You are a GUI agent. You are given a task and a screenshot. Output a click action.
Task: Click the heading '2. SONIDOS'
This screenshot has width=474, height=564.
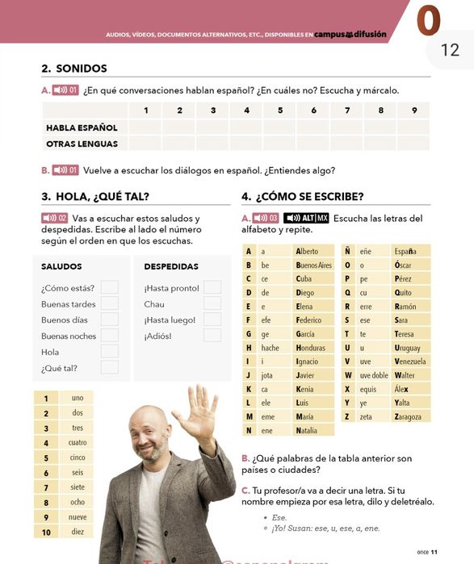[x=73, y=69]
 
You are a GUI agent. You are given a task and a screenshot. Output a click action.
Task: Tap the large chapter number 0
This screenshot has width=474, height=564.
[x=428, y=22]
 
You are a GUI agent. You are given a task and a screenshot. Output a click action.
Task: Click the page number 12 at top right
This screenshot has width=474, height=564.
[x=450, y=50]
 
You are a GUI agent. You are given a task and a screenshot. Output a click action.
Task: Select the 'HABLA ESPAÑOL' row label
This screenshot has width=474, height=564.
[x=82, y=127]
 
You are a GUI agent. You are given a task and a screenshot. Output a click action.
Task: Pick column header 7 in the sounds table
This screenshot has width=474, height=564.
[x=346, y=111]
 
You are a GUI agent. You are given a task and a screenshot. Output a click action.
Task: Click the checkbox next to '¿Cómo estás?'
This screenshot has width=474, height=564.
[x=110, y=287]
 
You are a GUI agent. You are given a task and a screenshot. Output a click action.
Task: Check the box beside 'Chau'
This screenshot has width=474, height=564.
[x=212, y=303]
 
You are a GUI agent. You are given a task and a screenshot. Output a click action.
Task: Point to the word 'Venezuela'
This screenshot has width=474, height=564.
[x=411, y=361]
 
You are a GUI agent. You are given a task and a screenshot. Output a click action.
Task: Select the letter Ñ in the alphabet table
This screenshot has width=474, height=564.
[x=346, y=252]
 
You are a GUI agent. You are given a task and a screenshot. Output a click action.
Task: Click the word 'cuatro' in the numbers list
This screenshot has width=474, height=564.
[x=78, y=443]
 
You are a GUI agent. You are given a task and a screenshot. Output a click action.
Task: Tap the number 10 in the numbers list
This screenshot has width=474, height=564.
[x=46, y=533]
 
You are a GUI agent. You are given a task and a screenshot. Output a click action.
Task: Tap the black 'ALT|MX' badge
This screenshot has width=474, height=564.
[x=306, y=218]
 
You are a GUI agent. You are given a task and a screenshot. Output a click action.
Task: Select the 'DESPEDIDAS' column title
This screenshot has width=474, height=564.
[x=171, y=266]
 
